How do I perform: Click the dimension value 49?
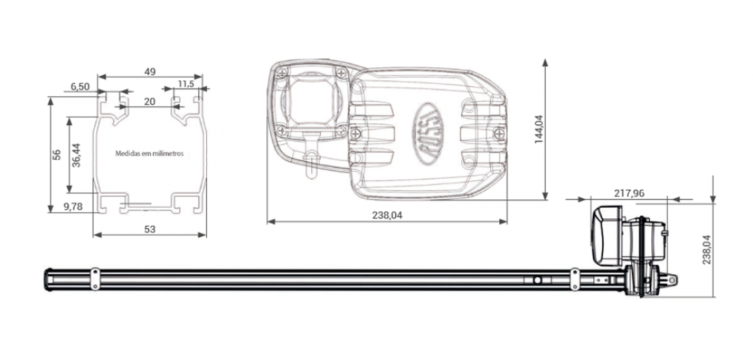150,72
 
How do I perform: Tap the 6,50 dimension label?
80,87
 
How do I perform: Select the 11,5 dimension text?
186,84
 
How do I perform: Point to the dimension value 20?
150,101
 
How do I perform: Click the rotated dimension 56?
56,155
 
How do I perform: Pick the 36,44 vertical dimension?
77,155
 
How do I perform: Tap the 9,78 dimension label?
73,207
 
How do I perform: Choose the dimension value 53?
150,230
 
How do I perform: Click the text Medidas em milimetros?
149,153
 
